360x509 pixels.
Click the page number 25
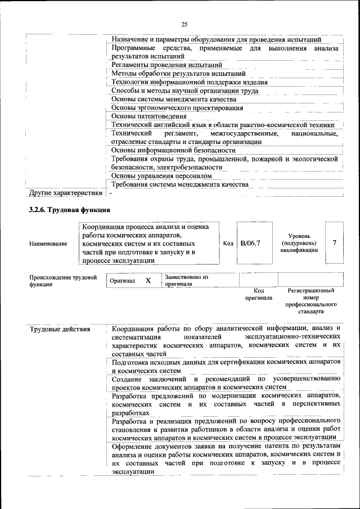(184, 24)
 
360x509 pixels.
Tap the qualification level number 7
(335, 242)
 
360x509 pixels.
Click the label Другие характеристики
(66, 193)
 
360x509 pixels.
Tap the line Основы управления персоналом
(161, 176)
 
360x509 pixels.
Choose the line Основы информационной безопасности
(173, 150)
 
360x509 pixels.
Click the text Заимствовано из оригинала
(187, 281)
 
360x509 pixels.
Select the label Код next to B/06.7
(228, 244)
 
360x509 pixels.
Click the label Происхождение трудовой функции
(62, 281)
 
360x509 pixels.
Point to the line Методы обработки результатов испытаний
(178, 73)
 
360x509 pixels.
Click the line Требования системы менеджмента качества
(179, 184)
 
